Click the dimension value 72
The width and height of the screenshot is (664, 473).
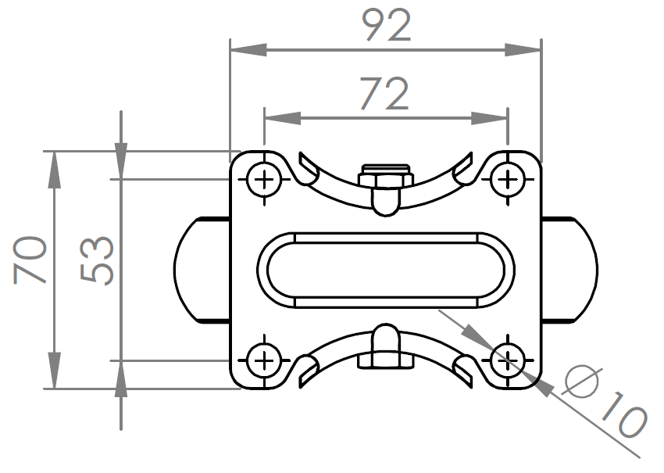click(384, 95)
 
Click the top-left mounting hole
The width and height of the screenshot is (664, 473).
click(265, 181)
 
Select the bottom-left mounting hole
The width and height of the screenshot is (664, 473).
click(265, 360)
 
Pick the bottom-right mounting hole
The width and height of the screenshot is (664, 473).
click(508, 360)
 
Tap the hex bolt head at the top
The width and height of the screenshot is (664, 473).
click(385, 177)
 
